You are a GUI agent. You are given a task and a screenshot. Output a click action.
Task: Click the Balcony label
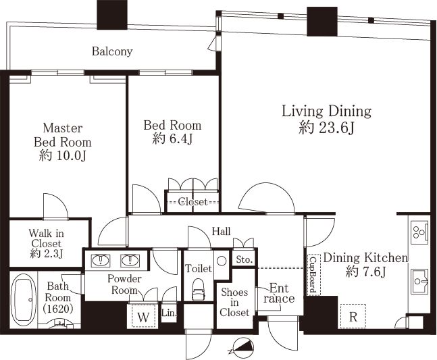pos(112,51)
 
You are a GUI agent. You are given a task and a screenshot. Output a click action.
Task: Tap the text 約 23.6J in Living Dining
pos(326,128)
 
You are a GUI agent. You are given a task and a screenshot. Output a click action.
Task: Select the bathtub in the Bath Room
pos(24,299)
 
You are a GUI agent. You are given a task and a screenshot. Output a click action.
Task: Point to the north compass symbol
pos(242,348)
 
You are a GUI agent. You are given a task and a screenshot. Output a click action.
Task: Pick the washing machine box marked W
pos(143,317)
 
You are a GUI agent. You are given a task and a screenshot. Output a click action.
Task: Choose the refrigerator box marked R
pos(353,316)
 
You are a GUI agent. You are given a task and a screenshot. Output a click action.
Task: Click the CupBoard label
pos(313,275)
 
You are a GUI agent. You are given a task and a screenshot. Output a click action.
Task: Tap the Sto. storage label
pos(244,259)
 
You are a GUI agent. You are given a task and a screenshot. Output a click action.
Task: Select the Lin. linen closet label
pos(169,313)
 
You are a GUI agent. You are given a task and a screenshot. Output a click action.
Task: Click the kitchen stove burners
pos(419,231)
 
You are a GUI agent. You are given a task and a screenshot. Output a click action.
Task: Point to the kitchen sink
pos(419,281)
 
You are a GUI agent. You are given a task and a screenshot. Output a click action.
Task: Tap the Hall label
pos(222,231)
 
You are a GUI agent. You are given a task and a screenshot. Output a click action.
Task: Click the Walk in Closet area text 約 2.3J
pos(46,254)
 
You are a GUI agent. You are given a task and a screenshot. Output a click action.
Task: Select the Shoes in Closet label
pos(234,303)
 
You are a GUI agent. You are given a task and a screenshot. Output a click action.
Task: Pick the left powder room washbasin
pos(101,261)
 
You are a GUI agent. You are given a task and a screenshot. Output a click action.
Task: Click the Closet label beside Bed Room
pos(192,202)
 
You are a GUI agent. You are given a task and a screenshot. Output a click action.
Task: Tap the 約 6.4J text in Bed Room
pos(172,139)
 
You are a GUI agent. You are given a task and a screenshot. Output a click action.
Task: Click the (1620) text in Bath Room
pos(58,309)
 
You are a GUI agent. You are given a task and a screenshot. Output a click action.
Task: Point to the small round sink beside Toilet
pos(222,261)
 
